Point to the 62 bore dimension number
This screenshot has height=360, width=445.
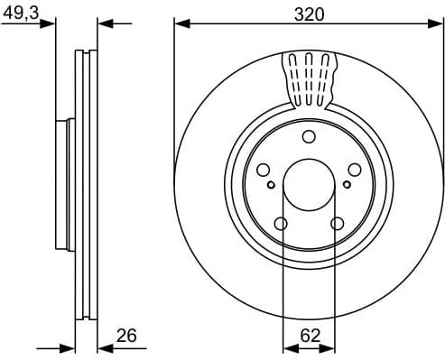tap(309, 335)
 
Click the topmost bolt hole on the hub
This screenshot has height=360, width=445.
tap(309, 137)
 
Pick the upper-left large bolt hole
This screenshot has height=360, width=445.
tap(263, 171)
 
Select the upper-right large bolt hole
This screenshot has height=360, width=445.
tap(355, 171)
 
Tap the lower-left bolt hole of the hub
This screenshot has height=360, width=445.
tap(280, 224)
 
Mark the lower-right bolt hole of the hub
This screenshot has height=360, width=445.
tap(338, 224)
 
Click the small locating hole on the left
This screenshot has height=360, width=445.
tap(271, 184)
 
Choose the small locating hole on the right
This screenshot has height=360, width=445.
tap(347, 184)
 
